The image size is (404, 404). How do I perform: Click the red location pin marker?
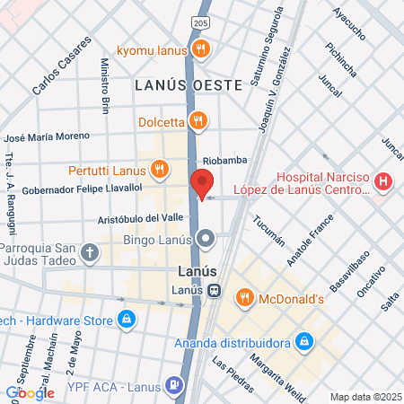[x=202, y=183]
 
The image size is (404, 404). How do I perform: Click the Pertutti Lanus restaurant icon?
[x=160, y=168]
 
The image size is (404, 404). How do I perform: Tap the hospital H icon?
[x=383, y=182]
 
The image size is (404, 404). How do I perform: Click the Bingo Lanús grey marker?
[x=206, y=239]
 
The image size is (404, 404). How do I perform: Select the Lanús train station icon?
[x=215, y=290]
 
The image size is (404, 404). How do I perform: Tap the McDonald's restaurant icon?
[x=242, y=297]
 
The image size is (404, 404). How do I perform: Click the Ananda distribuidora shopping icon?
[x=304, y=342]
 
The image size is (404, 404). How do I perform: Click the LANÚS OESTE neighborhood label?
[x=189, y=85]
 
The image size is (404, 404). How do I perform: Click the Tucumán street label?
[x=268, y=230]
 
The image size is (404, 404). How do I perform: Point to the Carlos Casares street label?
[x=62, y=67]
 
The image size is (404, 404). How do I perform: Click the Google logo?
[x=30, y=392]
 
